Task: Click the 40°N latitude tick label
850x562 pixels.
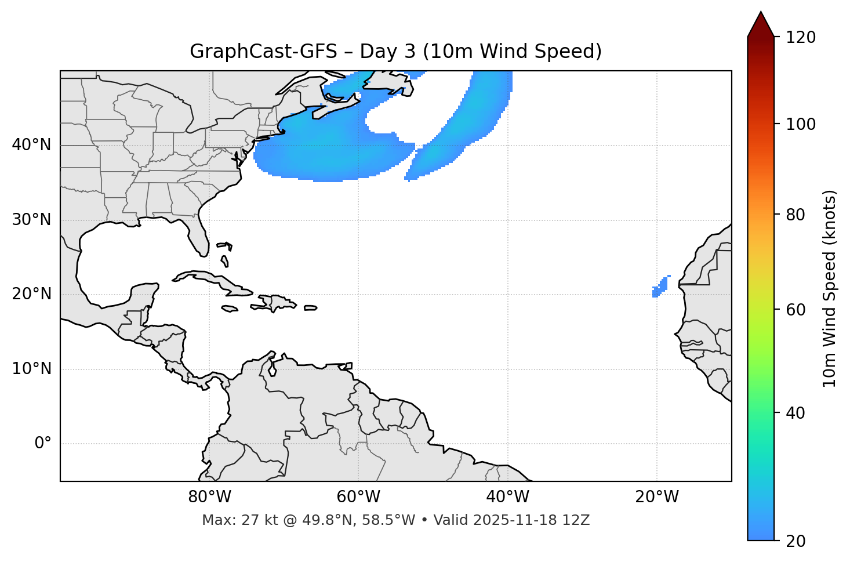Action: click(x=31, y=145)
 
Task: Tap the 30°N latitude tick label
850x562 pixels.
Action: click(x=31, y=220)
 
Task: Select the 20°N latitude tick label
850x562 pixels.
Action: click(x=31, y=294)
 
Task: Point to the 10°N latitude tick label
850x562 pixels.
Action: click(x=31, y=369)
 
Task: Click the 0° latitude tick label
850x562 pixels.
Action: click(x=43, y=444)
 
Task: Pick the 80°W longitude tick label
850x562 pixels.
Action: click(x=209, y=497)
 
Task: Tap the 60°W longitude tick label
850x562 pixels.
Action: click(x=358, y=497)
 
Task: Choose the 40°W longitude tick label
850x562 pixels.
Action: click(x=507, y=497)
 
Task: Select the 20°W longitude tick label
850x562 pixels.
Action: click(x=657, y=497)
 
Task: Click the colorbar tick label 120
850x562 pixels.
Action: click(x=801, y=38)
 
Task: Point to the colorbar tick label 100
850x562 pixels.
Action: click(x=801, y=124)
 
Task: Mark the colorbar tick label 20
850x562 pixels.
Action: click(x=795, y=541)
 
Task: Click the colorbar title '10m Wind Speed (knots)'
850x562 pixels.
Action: click(x=830, y=289)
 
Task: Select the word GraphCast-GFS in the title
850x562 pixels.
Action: click(x=263, y=52)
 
